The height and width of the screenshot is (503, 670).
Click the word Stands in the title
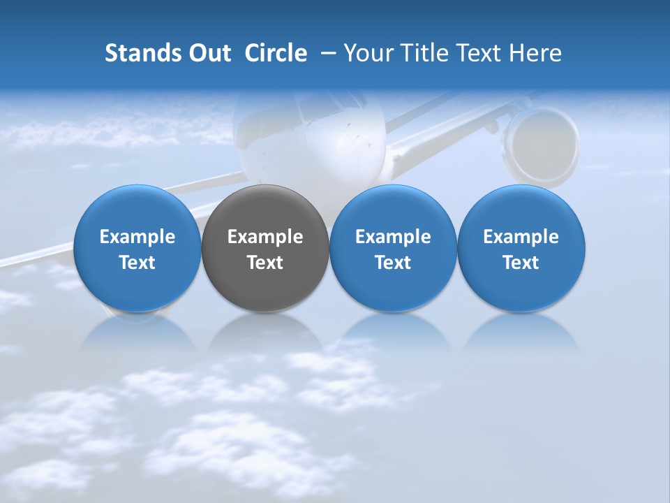pyautogui.click(x=142, y=53)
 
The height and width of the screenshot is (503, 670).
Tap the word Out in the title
pyautogui.click(x=209, y=53)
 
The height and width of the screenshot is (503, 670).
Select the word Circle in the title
pyautogui.click(x=276, y=53)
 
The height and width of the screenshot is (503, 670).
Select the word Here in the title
pyautogui.click(x=536, y=53)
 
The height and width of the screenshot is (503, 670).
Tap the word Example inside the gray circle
pyautogui.click(x=265, y=237)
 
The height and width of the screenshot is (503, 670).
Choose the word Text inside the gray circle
pyautogui.click(x=265, y=263)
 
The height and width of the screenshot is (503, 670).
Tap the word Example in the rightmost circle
pyautogui.click(x=521, y=237)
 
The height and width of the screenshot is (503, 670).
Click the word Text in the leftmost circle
pyautogui.click(x=137, y=263)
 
